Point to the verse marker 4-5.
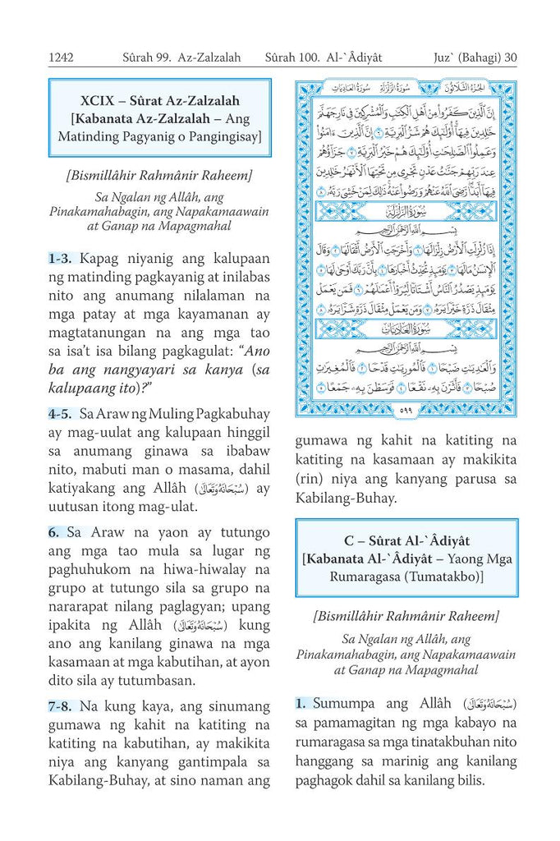click(62, 415)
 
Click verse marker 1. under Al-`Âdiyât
click(301, 703)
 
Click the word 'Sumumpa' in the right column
click(342, 703)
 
